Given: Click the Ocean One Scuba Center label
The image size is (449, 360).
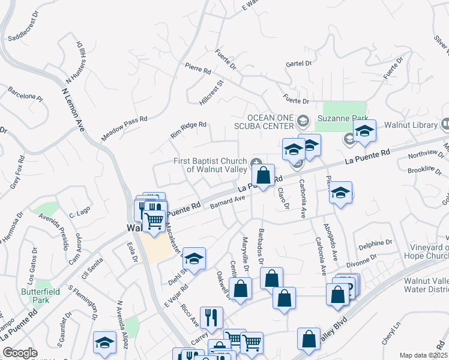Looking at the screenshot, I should [270, 121].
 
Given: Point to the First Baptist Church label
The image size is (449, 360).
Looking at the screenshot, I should [210, 165].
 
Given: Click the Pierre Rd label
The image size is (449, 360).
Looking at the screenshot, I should [198, 68].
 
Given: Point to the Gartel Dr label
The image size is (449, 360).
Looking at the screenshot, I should [298, 63].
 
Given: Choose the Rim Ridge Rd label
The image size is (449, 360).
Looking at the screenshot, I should [188, 130].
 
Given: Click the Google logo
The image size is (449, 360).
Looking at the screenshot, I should [20, 353].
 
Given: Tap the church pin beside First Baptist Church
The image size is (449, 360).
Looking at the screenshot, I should [256, 161].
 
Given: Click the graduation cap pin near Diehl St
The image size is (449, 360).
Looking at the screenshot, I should [194, 258].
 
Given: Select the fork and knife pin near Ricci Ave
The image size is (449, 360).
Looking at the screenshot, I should [211, 317].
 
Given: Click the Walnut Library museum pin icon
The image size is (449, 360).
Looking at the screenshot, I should [445, 124].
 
